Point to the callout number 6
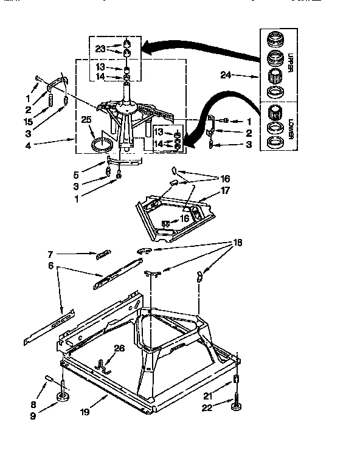51,265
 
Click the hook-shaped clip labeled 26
105,365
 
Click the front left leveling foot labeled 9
62,398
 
